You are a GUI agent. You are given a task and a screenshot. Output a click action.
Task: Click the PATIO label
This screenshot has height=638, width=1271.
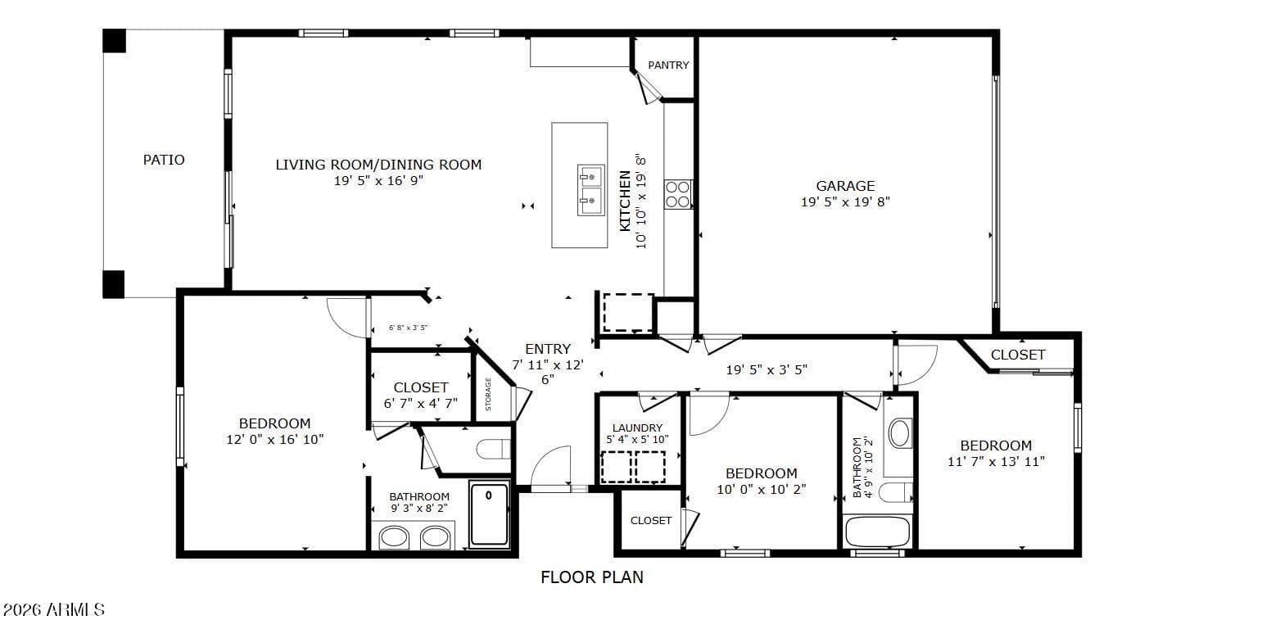coord(164,160)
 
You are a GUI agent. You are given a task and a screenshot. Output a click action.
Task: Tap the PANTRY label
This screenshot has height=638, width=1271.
coord(668,66)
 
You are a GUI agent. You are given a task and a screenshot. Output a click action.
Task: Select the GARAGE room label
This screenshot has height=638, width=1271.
coord(845,186)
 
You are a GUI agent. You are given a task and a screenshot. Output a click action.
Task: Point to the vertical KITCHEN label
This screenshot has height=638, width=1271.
coord(625,201)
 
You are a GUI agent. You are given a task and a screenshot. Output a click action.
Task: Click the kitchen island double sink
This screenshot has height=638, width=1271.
coord(591,190)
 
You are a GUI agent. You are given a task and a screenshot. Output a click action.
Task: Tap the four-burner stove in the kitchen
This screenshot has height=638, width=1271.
coord(678,194)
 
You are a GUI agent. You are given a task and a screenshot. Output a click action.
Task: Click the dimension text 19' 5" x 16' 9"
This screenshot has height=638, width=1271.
coord(378,181)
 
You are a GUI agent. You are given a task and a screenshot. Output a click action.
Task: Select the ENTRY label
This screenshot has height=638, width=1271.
coord(548,349)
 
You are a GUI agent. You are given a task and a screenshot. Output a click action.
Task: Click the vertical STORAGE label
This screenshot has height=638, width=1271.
coord(488,394)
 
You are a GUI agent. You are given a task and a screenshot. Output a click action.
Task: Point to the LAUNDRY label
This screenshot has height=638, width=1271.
coord(637,428)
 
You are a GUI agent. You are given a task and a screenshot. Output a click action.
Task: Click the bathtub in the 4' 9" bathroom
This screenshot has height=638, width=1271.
coord(877,532)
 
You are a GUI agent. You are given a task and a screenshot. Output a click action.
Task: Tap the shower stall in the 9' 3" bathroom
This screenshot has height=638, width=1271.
coord(489,514)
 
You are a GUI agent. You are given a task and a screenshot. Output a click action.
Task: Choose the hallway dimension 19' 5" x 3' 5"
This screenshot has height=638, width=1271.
coord(767,370)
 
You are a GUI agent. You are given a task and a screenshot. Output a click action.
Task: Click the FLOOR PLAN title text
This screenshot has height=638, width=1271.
coord(592,577)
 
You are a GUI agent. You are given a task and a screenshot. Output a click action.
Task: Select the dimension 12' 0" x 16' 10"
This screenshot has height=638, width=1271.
coord(274,439)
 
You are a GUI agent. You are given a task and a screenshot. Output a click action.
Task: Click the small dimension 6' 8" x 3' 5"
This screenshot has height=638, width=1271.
coord(408,328)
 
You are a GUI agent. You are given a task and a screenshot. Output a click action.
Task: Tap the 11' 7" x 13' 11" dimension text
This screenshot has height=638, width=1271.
coord(996,462)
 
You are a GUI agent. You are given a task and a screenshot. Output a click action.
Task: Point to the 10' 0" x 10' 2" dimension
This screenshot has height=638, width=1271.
coord(762,489)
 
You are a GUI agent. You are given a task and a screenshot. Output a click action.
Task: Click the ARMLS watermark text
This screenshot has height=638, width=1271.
coord(54,610)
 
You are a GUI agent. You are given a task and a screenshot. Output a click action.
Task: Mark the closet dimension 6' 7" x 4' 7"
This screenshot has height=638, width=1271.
coord(420,404)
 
